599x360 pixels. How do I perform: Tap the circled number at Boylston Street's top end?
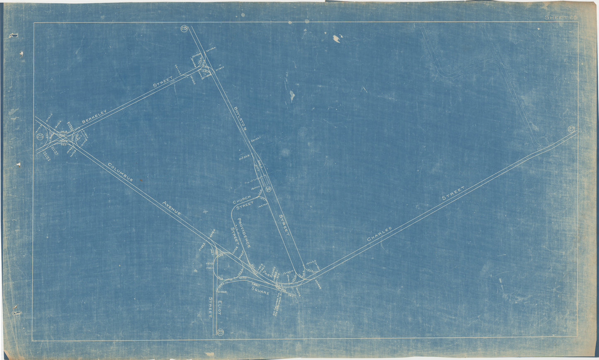point(184,29)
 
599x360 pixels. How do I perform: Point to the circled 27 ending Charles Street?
point(572,130)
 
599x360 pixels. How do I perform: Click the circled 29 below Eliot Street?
point(220,331)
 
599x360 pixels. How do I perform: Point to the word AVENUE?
point(172,209)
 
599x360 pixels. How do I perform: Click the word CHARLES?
point(379,234)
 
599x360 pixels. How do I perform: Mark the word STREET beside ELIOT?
point(211,307)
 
